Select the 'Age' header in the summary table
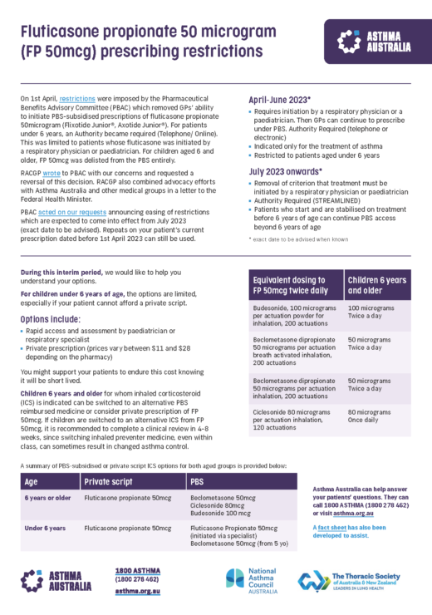point(32,481)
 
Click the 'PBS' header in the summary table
point(199,481)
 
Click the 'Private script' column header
point(110,481)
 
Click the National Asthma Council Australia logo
point(252,582)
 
